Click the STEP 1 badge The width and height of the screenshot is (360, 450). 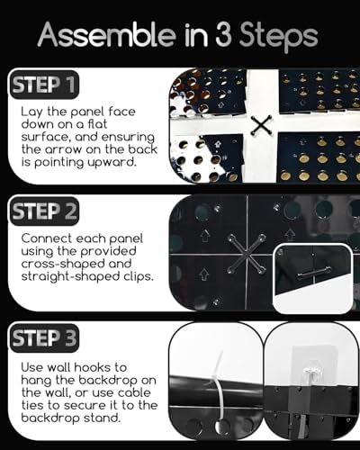pos(44,85)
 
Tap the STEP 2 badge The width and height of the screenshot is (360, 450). pos(44,211)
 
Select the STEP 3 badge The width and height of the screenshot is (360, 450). pos(44,338)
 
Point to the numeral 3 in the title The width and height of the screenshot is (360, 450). pos(223,35)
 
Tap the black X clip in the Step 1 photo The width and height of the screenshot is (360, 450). pos(261,125)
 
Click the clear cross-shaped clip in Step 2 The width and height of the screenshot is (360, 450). pos(247,255)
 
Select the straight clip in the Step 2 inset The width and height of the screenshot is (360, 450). pos(312,274)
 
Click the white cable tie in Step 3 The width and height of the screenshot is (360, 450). pos(219,390)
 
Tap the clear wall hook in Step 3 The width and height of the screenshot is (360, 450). pos(310,374)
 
